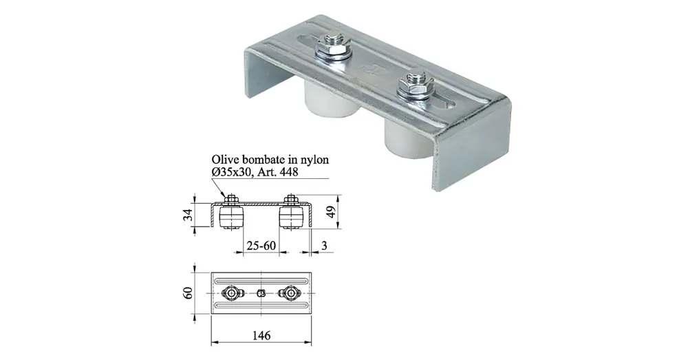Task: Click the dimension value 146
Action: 261,335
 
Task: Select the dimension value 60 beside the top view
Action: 188,293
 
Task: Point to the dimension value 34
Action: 188,215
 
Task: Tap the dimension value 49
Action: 332,211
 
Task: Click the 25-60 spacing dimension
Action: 261,246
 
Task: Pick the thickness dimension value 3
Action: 324,246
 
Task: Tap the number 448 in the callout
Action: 288,172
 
